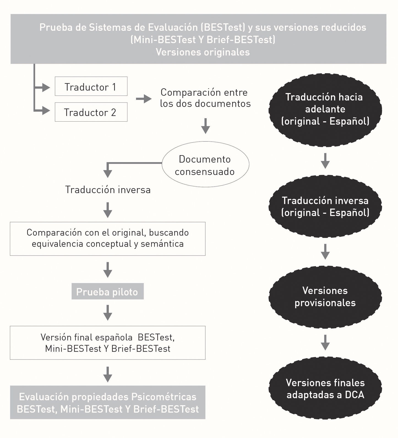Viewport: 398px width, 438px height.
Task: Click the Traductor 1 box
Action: tap(91, 86)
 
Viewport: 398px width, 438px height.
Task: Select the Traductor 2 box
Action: tap(91, 112)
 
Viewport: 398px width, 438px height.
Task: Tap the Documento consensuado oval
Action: tap(205, 165)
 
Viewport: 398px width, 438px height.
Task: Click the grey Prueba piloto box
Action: tap(107, 291)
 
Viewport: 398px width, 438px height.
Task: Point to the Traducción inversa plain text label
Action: tap(108, 190)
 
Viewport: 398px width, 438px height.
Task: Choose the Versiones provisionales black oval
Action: tap(325, 297)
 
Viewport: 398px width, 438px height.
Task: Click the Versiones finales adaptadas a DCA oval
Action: tap(325, 388)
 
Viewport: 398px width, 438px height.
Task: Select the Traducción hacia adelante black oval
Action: tap(325, 109)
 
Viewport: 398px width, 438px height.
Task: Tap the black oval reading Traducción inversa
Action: tap(325, 206)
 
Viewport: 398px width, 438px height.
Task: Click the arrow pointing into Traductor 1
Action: tap(45, 88)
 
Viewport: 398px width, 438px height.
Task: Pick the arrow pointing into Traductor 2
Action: tap(45, 111)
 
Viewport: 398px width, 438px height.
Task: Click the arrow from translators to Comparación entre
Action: tap(144, 99)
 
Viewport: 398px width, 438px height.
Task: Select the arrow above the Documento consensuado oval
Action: tap(205, 126)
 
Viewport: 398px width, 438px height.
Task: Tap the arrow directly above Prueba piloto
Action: tap(108, 270)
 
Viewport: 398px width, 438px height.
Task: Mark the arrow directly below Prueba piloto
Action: tap(108, 313)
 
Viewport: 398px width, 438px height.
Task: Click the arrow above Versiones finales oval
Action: tap(325, 342)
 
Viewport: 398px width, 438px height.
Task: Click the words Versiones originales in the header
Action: tap(203, 52)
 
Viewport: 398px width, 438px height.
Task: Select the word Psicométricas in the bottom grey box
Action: tap(164, 397)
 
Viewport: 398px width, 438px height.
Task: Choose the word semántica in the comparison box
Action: tap(162, 244)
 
